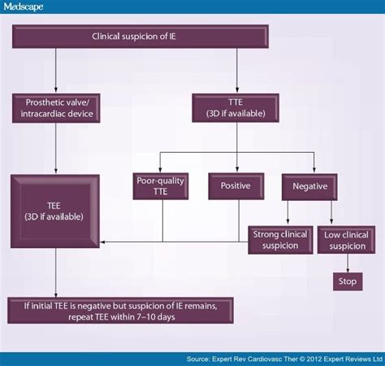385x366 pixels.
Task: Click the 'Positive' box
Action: [x=236, y=186]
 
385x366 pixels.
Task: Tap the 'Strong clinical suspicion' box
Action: [x=279, y=239]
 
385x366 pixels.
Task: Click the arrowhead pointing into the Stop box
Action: [x=347, y=268]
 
